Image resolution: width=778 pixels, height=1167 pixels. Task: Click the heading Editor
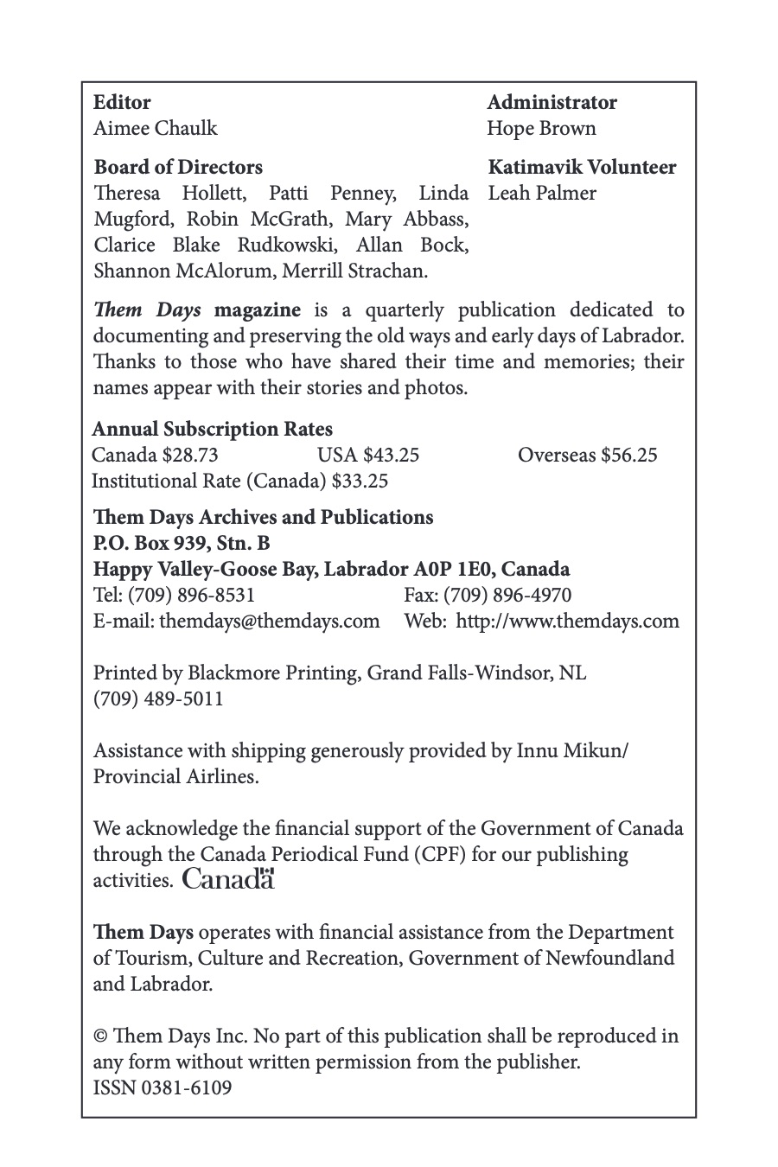pos(122,103)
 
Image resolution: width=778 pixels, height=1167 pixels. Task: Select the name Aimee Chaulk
pos(156,129)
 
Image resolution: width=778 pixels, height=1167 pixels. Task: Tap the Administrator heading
pos(552,103)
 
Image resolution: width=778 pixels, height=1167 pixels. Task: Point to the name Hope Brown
pos(541,129)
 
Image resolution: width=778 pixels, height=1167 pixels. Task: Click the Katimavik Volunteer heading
pos(582,168)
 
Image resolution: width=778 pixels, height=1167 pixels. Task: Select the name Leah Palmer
pos(542,194)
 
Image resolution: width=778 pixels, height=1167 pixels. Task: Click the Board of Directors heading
pos(178,168)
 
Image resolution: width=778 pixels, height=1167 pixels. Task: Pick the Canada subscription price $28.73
pos(190,456)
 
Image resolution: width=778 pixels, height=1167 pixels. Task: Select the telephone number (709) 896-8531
pos(191,596)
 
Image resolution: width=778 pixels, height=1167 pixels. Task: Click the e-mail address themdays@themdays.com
pos(270,622)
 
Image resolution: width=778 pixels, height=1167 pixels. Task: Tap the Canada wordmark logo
pos(229,880)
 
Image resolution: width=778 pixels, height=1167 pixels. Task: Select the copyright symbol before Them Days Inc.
pos(100,1036)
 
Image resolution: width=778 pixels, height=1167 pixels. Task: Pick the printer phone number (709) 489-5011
pos(158,699)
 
